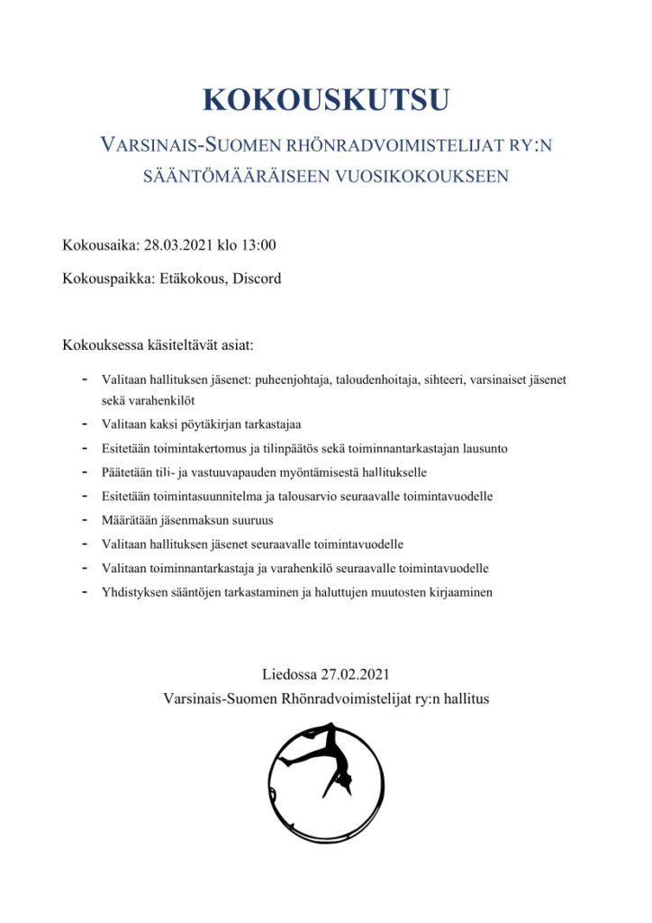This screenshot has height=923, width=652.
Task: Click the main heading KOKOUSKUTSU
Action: [x=325, y=99]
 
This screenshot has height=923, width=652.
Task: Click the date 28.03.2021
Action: [x=175, y=245]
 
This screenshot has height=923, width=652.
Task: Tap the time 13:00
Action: [x=258, y=245]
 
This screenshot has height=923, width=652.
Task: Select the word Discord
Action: [x=257, y=279]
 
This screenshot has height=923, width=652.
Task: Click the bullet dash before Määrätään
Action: [x=84, y=520]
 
